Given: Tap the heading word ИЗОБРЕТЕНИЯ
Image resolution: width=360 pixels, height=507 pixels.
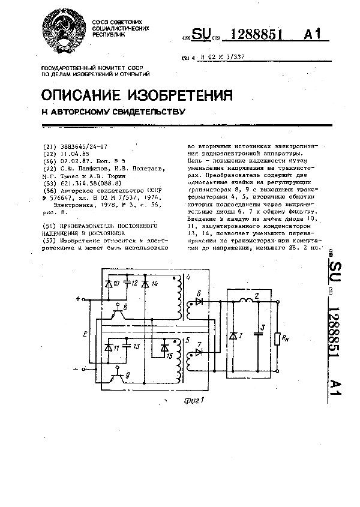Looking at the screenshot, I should [x=182, y=96].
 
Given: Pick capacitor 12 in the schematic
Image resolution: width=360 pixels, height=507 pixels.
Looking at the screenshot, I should [x=128, y=283].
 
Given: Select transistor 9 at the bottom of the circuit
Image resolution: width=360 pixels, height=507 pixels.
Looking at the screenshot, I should [x=119, y=376].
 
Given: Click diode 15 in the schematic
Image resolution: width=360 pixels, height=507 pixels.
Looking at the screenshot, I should [x=163, y=348].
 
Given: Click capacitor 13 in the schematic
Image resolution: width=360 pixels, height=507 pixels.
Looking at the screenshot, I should [x=128, y=347].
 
